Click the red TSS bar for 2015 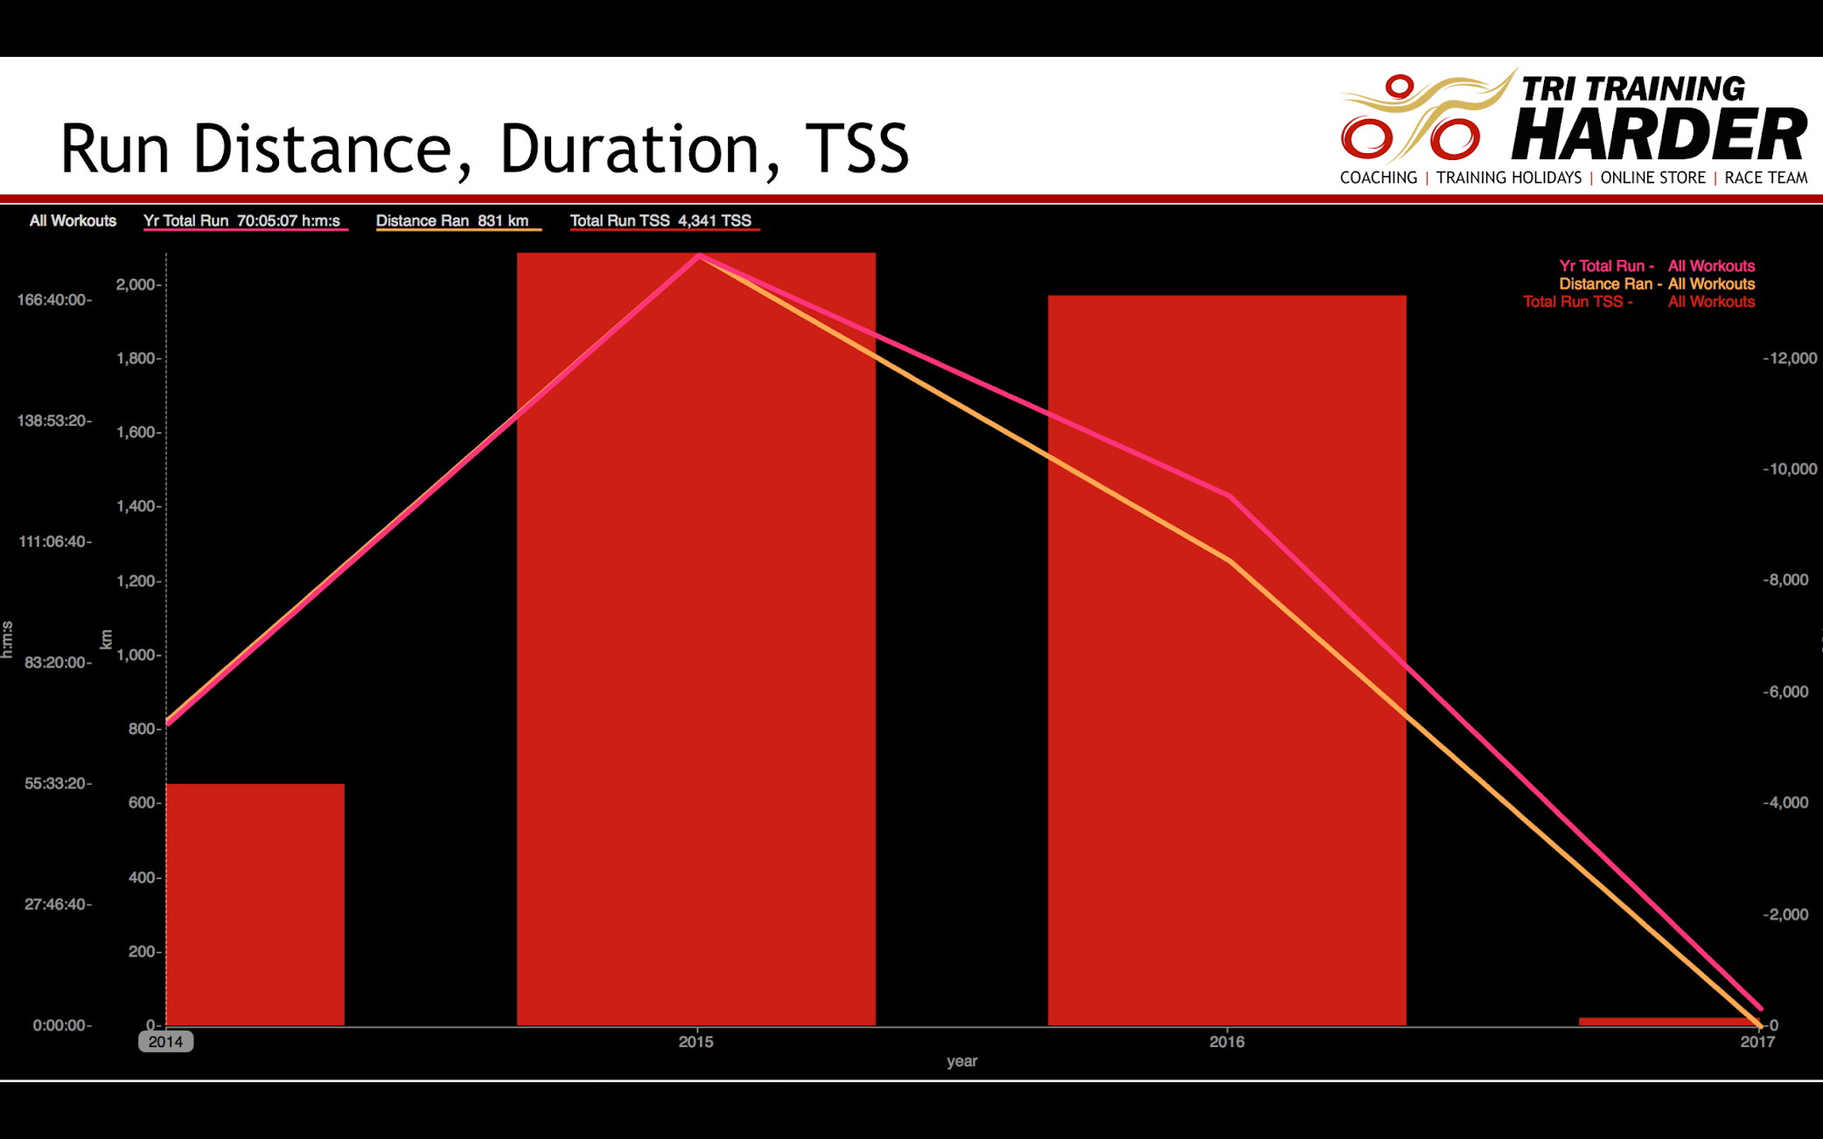pos(696,639)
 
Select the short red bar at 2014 pos(255,905)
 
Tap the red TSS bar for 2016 pos(1227,660)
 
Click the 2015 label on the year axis pos(696,1042)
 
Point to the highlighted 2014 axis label pos(166,1042)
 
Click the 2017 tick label pos(1757,1042)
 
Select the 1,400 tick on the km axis pos(138,507)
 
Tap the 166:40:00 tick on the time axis pos(53,300)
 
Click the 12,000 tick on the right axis pos(1791,359)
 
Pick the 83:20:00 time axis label pos(58,662)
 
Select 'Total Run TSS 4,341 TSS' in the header pos(660,221)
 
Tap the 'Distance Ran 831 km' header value pos(452,221)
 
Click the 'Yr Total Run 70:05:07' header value pos(241,221)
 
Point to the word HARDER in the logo pos(1659,135)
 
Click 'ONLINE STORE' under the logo pos(1653,178)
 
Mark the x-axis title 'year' pos(962,1061)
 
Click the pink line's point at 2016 pos(1230,497)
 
